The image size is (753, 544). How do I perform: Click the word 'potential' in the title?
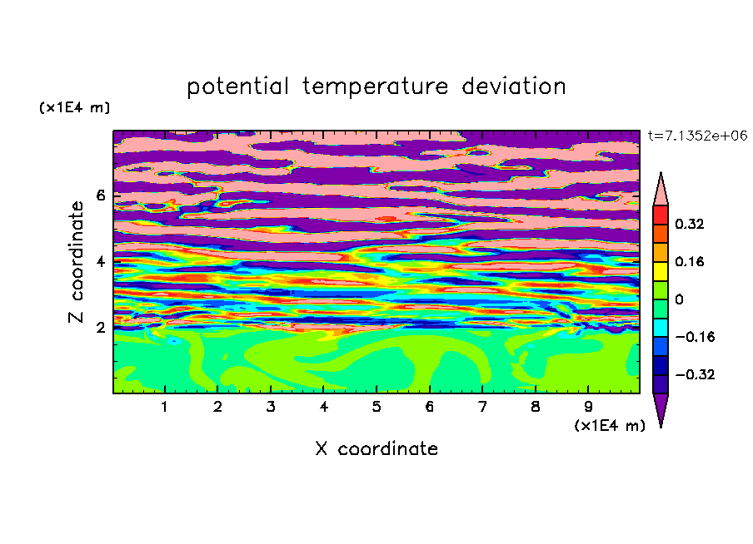click(237, 87)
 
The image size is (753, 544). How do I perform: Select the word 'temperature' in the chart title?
click(375, 87)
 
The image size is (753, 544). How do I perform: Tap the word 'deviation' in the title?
click(514, 87)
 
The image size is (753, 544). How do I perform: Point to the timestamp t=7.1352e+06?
click(697, 136)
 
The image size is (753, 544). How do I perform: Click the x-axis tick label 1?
click(165, 407)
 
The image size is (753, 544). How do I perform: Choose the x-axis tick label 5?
click(376, 407)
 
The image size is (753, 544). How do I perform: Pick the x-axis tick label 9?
click(588, 407)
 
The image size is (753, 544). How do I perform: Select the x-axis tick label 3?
click(271, 407)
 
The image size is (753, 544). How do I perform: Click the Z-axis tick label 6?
click(100, 195)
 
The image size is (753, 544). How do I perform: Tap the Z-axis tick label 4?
click(100, 261)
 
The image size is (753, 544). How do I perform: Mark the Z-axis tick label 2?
click(100, 328)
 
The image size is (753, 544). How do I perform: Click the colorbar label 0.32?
click(689, 224)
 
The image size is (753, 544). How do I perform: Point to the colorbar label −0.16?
click(695, 337)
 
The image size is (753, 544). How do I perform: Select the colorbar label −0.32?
click(695, 374)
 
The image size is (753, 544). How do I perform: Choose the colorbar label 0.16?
click(689, 261)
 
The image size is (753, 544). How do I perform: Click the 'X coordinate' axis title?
click(376, 448)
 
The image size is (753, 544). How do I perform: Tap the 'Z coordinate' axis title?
click(77, 261)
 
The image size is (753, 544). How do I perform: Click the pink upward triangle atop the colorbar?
click(661, 190)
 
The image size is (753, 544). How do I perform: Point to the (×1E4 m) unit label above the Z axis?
click(74, 107)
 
